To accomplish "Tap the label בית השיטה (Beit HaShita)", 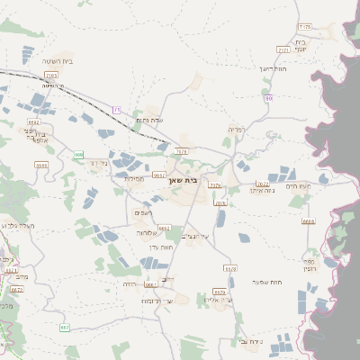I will pos(57,61).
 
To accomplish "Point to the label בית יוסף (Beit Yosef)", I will pos(301,47).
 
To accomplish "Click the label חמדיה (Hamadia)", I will pos(237,130).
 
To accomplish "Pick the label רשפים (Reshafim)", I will pos(142,211).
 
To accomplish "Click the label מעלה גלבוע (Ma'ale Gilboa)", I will pos(19,226).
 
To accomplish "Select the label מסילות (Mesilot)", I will pos(135,177).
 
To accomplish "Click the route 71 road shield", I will pos(117,110).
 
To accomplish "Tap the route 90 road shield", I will pos(268,97).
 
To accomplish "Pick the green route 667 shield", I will pos(65,328).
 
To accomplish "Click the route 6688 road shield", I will pos(309,220).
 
